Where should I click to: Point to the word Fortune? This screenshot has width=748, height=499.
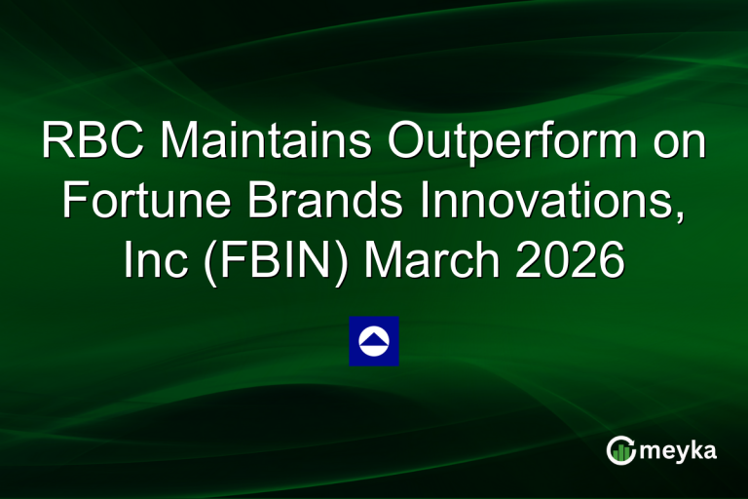142,203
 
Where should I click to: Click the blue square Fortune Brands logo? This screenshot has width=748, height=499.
374,341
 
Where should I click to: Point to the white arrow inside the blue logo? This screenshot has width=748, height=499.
374,339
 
